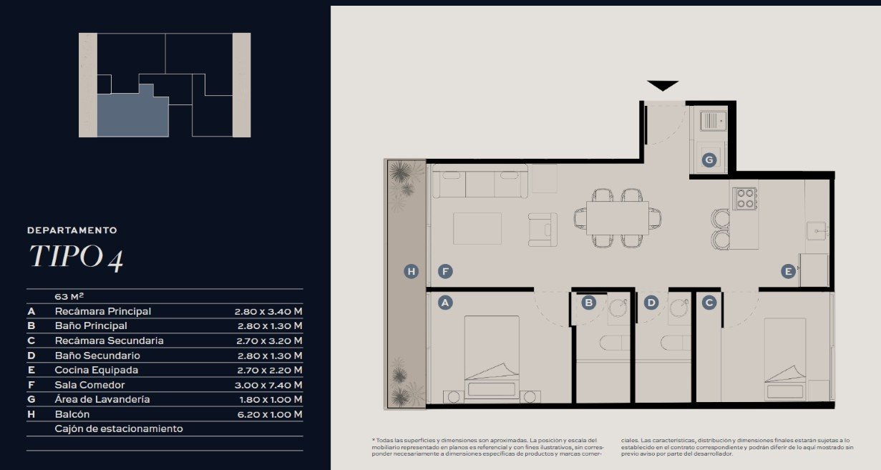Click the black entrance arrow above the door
(663, 85)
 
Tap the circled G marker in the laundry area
(709, 160)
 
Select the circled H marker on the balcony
(411, 271)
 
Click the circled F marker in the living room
(445, 271)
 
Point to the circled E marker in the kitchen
(788, 271)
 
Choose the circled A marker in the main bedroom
(445, 303)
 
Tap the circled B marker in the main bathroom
(589, 303)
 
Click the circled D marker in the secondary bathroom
(651, 303)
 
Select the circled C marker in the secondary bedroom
(709, 303)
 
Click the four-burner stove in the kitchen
(745, 198)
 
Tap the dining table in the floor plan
(617, 218)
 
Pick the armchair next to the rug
(542, 230)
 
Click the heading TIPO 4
(77, 258)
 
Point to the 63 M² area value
(69, 296)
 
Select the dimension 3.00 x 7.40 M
(268, 385)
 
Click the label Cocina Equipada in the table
(97, 370)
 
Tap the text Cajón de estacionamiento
(119, 429)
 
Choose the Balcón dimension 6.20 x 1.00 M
(270, 414)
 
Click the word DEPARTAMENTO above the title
(72, 230)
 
